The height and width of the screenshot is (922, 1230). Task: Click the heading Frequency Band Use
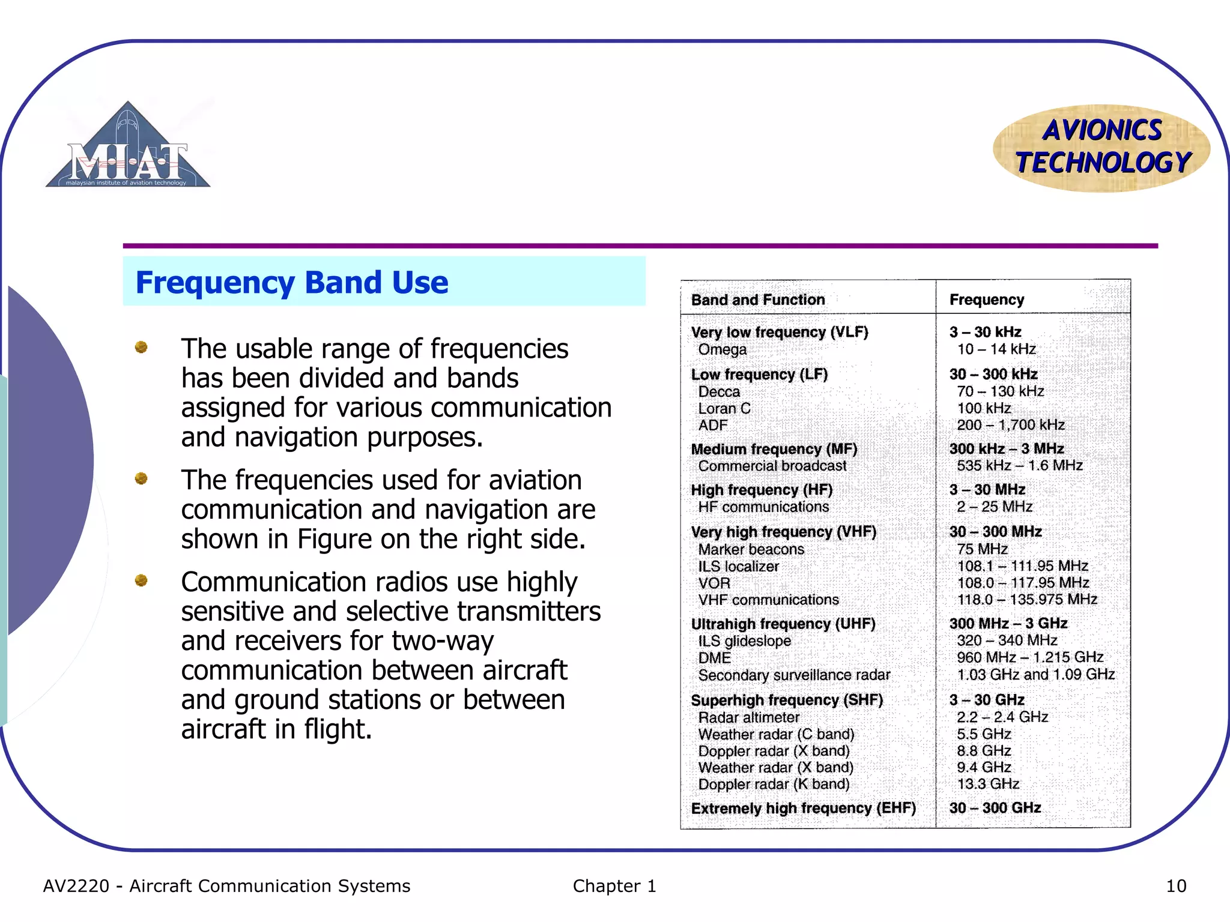click(x=292, y=282)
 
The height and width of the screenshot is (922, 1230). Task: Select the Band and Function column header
click(x=758, y=300)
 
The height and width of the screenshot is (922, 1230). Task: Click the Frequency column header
click(x=986, y=300)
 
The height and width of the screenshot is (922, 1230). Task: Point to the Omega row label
click(x=722, y=349)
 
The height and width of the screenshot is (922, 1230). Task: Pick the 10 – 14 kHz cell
click(x=996, y=349)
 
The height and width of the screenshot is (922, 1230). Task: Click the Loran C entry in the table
click(x=724, y=408)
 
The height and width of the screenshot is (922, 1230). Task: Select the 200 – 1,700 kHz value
click(x=1010, y=425)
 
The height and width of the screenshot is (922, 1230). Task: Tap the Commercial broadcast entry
click(x=772, y=466)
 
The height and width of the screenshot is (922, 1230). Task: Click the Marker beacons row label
click(x=751, y=549)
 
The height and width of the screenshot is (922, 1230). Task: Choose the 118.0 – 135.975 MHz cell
click(x=1027, y=599)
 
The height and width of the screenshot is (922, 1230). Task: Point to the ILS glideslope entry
click(x=744, y=640)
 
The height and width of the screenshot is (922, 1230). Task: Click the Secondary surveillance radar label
click(x=794, y=675)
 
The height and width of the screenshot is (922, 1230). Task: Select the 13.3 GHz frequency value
click(x=988, y=783)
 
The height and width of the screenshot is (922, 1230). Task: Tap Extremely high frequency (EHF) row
click(x=803, y=808)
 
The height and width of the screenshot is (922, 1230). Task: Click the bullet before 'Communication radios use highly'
click(x=141, y=580)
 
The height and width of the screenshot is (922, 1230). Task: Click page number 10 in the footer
click(x=1175, y=886)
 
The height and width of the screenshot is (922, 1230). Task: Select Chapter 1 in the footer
click(x=614, y=886)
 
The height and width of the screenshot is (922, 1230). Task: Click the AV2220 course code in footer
click(x=76, y=886)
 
